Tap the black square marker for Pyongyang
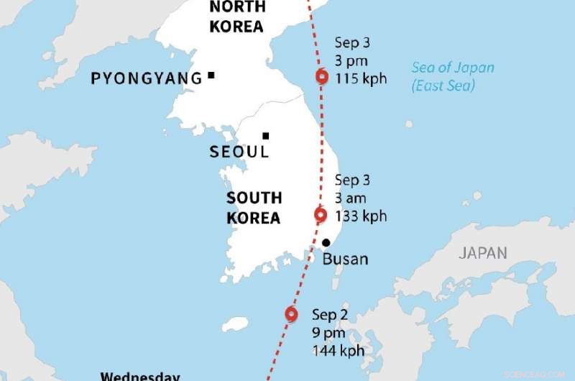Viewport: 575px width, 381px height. tap(211, 75)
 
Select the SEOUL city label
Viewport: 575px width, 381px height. tap(239, 152)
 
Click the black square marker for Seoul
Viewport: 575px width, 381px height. tap(265, 135)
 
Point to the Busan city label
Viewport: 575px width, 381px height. tap(344, 259)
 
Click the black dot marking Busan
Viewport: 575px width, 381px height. tap(326, 243)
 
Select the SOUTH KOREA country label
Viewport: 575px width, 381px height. tap(254, 208)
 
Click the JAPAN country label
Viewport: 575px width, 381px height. tap(483, 253)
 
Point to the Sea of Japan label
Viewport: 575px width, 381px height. tap(453, 68)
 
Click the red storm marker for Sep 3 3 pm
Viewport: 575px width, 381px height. tap(321, 78)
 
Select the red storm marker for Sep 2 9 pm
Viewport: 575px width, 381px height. tap(291, 314)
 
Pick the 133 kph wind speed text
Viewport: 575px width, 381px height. tap(360, 216)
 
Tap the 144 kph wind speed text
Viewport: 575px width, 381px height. tap(338, 352)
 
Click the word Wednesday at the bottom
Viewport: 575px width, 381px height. tap(139, 376)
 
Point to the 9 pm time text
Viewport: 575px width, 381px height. tap(328, 333)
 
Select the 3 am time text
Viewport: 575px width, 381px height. tap(351, 198)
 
